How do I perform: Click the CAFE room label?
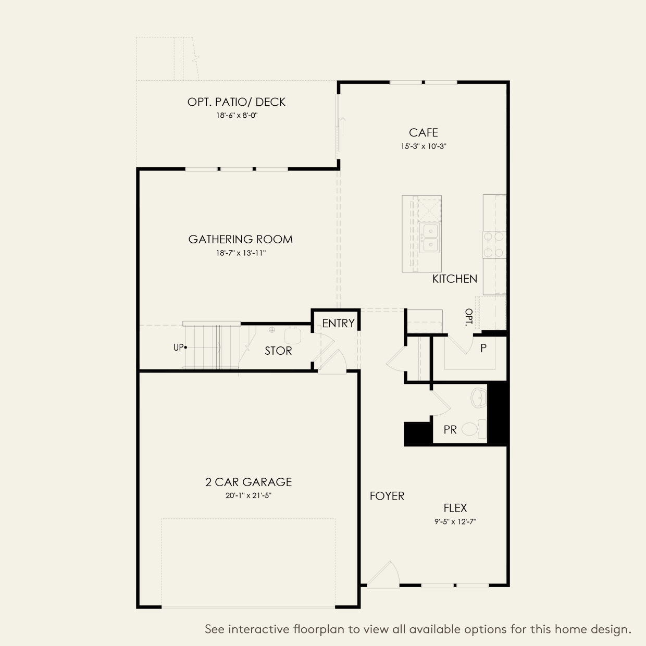point(423,133)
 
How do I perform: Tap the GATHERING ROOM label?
point(240,240)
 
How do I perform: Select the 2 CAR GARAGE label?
point(249,482)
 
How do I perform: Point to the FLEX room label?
point(455,508)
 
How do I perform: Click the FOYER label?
point(387,496)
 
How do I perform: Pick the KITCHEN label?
point(454,279)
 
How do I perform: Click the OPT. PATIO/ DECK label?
point(237,102)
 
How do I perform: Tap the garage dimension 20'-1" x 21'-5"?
point(249,496)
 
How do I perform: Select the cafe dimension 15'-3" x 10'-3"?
point(423,147)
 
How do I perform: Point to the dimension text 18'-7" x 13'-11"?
point(240,254)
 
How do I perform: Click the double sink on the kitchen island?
point(430,238)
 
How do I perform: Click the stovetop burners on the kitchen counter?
point(493,244)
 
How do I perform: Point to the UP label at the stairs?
point(179,347)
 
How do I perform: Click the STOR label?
point(278,351)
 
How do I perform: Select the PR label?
point(450,430)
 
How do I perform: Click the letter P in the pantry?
point(483,348)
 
